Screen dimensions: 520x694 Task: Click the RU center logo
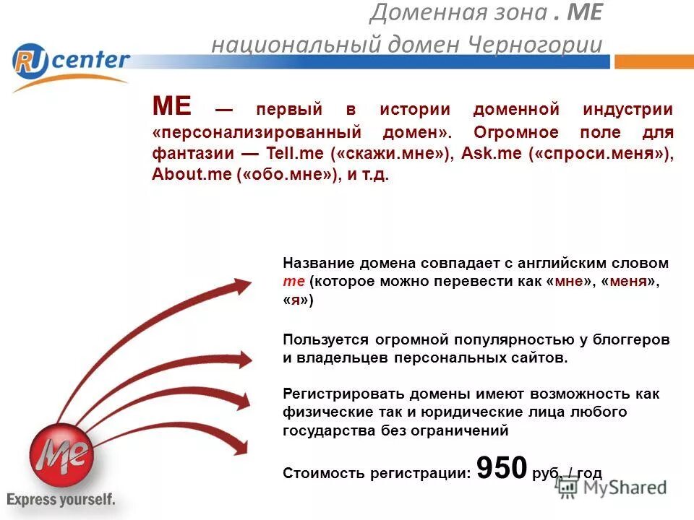[71, 64]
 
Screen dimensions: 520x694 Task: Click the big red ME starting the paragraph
[171, 108]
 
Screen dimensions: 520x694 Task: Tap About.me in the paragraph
[190, 175]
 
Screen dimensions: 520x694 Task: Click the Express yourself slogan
[61, 499]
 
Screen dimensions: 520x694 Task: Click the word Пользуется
[320, 339]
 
